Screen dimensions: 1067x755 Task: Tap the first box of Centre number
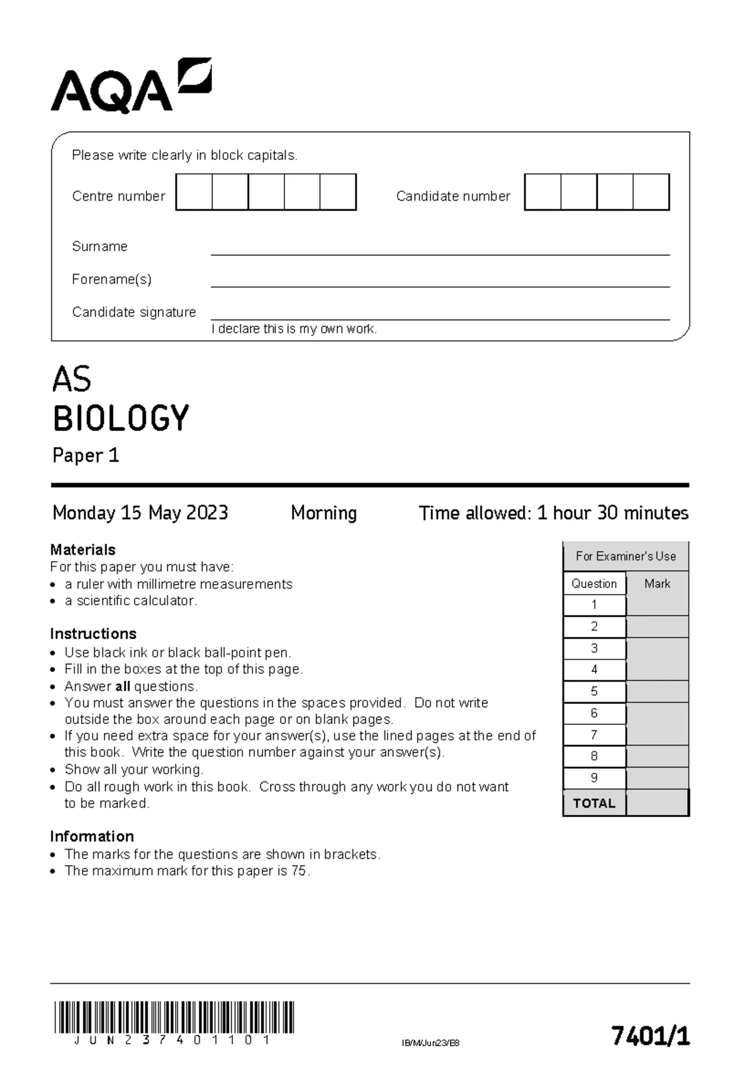(x=194, y=193)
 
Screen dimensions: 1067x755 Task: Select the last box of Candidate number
(x=651, y=193)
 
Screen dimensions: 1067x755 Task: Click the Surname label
(x=99, y=247)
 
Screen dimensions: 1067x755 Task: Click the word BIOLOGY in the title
(x=121, y=418)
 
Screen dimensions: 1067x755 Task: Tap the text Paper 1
(x=86, y=455)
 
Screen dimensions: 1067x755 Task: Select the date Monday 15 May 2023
(x=140, y=513)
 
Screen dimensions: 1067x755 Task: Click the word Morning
(x=323, y=513)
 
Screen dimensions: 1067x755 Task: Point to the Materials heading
(x=82, y=549)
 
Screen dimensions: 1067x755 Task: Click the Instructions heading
(x=93, y=634)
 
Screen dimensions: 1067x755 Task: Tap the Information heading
(x=92, y=836)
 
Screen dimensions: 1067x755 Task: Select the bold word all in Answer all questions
(x=123, y=686)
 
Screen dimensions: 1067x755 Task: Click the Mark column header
(x=657, y=584)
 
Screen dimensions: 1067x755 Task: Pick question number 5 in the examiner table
(x=594, y=691)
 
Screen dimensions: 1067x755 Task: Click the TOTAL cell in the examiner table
(x=594, y=803)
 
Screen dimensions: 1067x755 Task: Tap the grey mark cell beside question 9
(x=657, y=778)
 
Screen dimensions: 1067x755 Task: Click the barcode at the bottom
(x=174, y=1017)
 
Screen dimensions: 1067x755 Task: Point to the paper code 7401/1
(x=651, y=1035)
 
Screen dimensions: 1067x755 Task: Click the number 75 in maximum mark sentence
(x=299, y=871)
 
